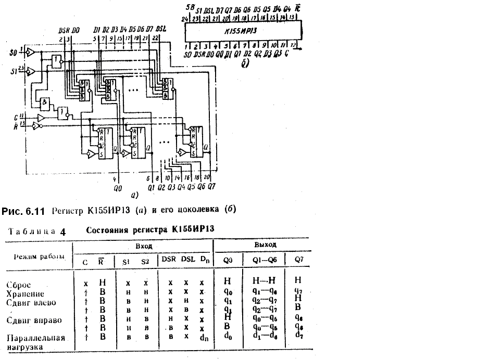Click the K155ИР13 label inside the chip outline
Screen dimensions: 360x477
point(244,32)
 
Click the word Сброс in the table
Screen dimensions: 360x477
point(19,285)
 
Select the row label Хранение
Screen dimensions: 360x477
point(24,293)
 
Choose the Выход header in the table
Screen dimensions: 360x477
point(265,243)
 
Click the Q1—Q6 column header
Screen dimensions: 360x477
point(263,259)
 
